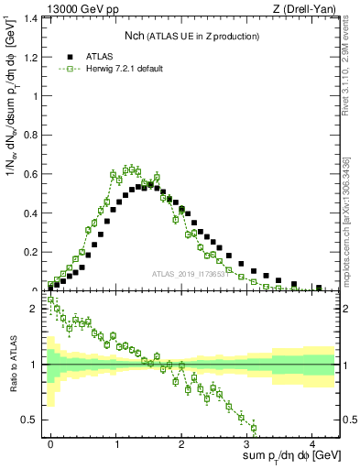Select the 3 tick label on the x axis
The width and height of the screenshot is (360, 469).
[x=247, y=443]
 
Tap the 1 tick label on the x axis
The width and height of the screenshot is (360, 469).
[x=116, y=443]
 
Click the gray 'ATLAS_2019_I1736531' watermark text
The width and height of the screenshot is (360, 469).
[x=190, y=274]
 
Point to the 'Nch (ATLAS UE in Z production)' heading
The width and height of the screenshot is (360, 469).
[x=191, y=36]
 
